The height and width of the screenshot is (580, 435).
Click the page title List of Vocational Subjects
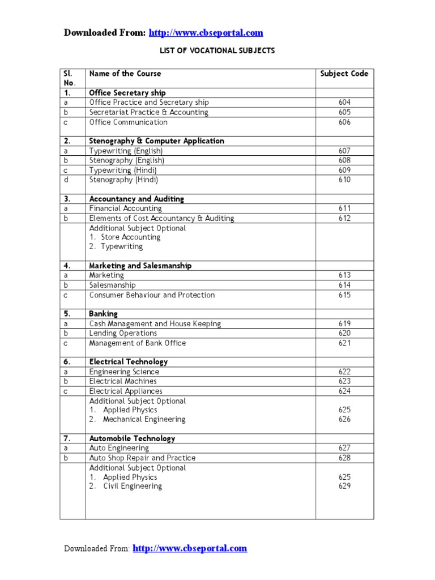(217, 50)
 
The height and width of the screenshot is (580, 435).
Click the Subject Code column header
(344, 74)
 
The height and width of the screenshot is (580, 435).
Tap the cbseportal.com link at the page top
(206, 33)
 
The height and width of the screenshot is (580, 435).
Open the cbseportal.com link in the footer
(190, 548)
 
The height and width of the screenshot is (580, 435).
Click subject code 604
(344, 103)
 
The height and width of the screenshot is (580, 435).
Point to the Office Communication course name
(129, 122)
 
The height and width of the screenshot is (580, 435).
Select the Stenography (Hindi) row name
(124, 180)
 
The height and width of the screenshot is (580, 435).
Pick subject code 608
(344, 161)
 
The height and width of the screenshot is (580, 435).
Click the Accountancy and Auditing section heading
(137, 199)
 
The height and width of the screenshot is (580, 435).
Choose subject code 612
(344, 219)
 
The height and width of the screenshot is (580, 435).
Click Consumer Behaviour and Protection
(152, 295)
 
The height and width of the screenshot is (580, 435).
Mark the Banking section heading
(103, 314)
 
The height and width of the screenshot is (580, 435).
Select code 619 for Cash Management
(344, 324)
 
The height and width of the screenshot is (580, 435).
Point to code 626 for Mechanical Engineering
(344, 420)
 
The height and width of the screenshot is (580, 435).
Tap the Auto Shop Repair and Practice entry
(142, 458)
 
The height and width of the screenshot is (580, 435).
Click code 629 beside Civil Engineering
(344, 487)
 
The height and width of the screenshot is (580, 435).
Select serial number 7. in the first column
(67, 439)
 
